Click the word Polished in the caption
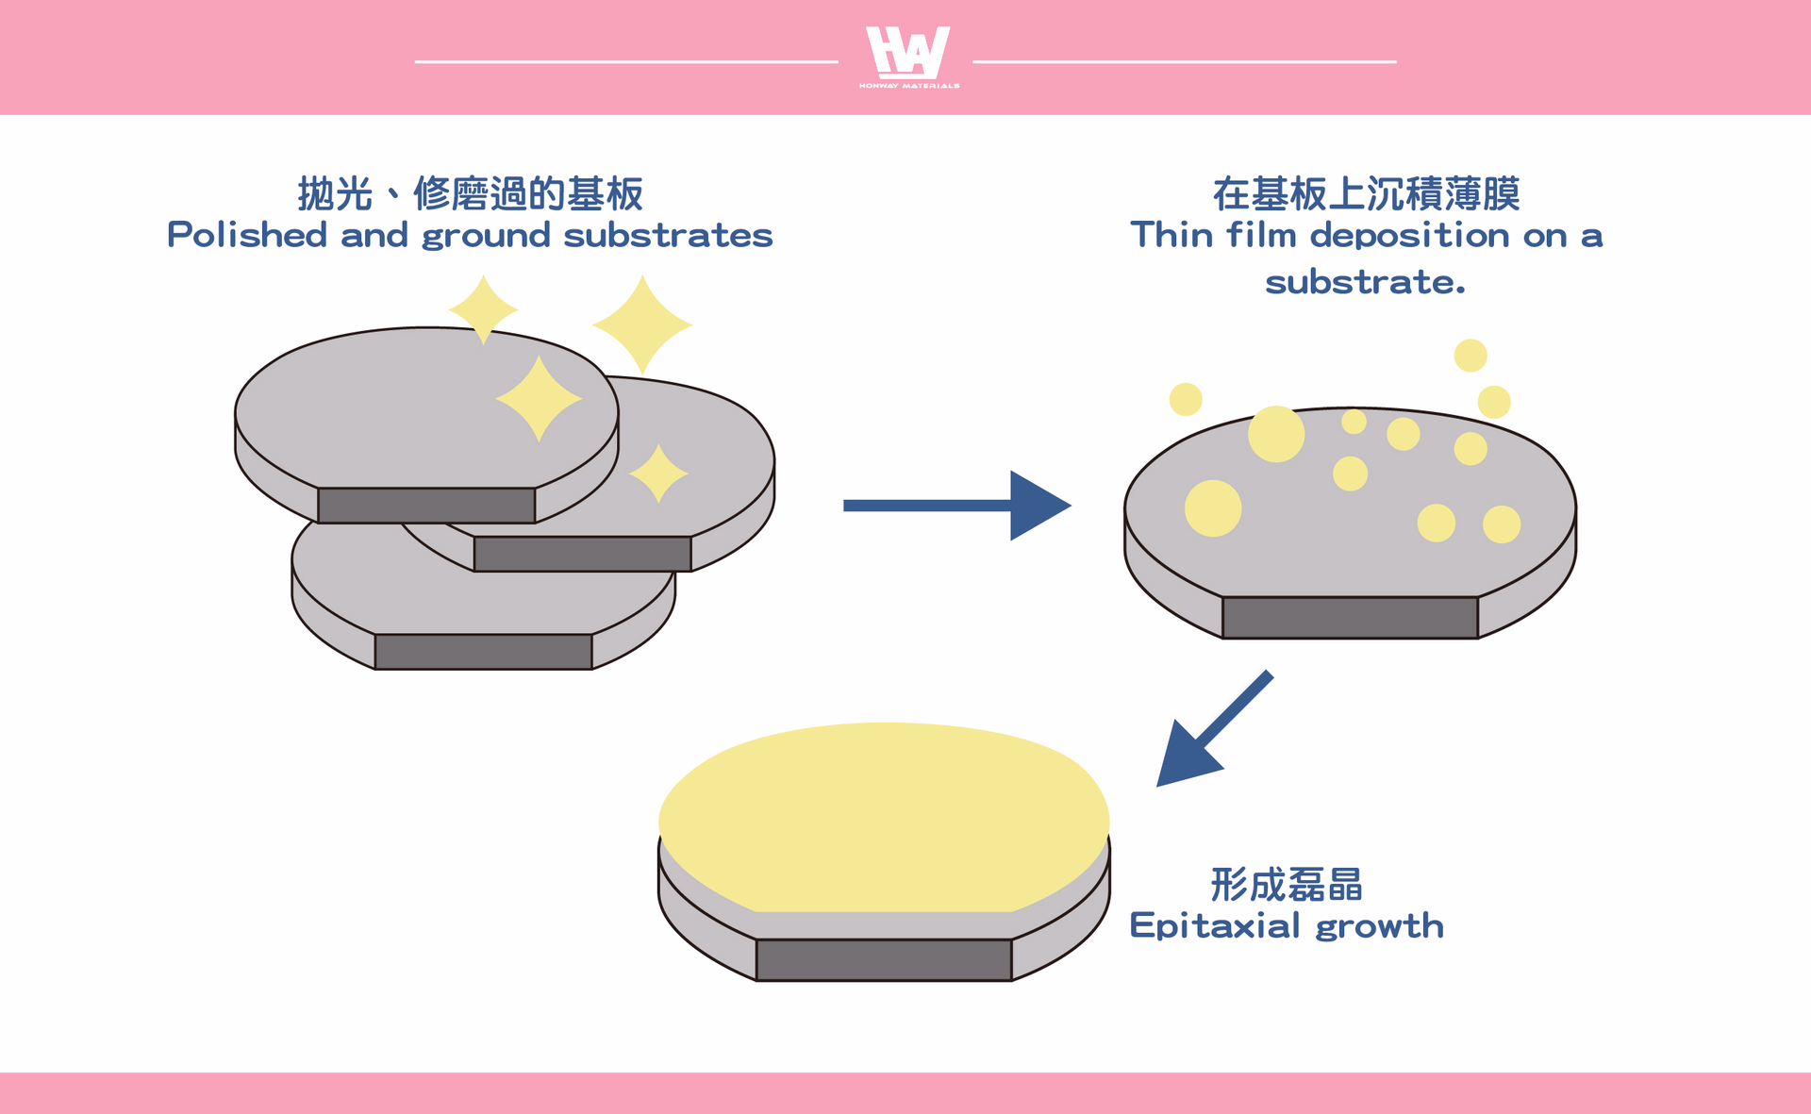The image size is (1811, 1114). point(247,235)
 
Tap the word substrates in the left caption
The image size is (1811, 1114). point(668,235)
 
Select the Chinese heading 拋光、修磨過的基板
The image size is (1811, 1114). point(471,193)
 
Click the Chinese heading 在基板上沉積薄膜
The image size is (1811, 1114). point(1366,193)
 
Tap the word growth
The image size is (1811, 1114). point(1380,925)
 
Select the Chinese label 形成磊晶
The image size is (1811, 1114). point(1287,885)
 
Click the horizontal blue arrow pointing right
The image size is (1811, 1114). point(956,506)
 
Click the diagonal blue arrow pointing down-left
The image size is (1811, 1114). point(1215,728)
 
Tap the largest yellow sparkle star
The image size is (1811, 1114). point(642,324)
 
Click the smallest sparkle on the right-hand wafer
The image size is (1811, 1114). point(658,474)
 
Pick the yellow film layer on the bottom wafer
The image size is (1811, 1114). point(884,817)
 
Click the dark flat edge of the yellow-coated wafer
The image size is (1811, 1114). point(884,959)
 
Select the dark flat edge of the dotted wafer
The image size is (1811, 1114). point(1350,617)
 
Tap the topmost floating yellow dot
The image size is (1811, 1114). point(1470,356)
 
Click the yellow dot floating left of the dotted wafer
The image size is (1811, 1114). point(1186,399)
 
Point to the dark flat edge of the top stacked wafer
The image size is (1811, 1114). point(426,505)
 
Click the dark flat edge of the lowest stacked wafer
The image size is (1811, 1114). point(483,652)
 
